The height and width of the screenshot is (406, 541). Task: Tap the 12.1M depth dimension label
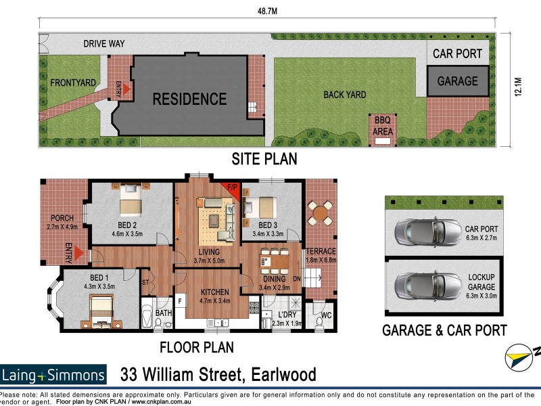[518, 89]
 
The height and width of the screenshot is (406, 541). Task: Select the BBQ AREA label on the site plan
[383, 127]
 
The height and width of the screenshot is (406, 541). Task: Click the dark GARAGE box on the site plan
[457, 81]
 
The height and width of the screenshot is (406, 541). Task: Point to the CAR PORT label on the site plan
[457, 53]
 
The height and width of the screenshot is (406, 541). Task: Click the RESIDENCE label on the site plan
[189, 99]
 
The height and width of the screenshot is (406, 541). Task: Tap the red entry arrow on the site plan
[127, 89]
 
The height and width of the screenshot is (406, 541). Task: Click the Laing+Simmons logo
[53, 375]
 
